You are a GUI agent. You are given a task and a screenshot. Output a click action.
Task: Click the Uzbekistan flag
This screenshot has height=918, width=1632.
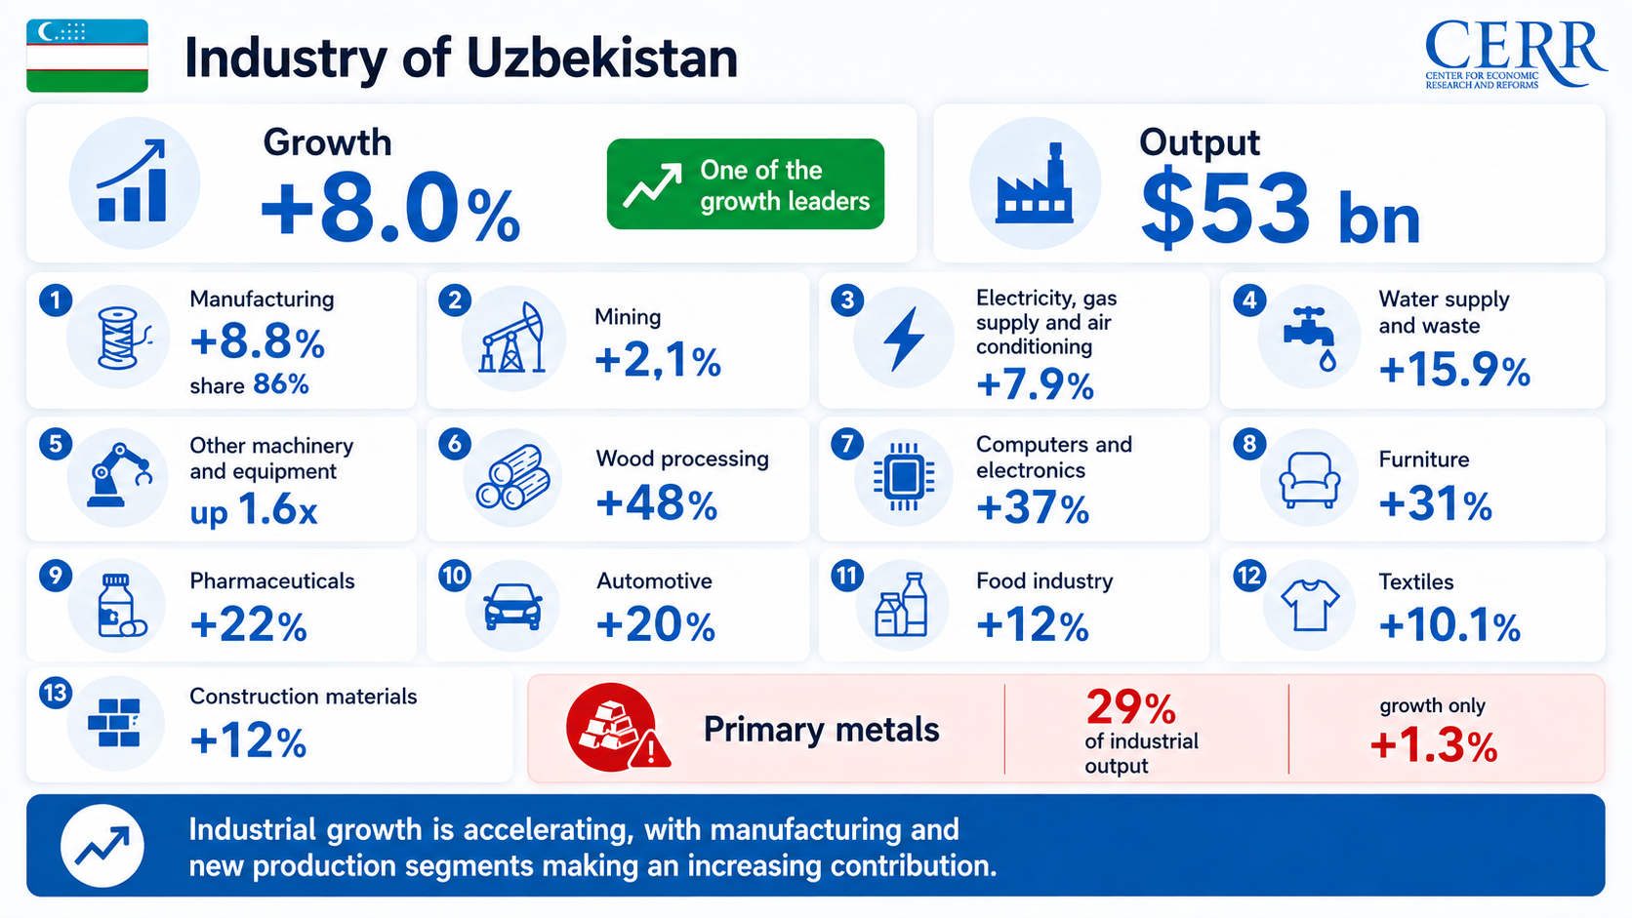tap(88, 56)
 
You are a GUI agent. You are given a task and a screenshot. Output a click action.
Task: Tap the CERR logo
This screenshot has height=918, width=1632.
tap(1516, 55)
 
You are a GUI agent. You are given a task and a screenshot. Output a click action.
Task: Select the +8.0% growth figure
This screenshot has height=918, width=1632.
tap(390, 208)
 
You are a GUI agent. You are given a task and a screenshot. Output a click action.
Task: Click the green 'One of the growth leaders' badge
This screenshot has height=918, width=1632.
tap(746, 184)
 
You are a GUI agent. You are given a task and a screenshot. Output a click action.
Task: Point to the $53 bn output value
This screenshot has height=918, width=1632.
tap(1280, 208)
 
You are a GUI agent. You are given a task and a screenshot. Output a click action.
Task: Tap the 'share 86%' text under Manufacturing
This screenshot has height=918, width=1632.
tap(249, 384)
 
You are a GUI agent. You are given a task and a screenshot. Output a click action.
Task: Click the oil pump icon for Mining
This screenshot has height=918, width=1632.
tap(513, 338)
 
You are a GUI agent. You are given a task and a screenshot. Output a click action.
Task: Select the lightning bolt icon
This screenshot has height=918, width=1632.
tap(904, 338)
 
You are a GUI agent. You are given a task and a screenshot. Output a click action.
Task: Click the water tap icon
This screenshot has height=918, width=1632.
tap(1310, 339)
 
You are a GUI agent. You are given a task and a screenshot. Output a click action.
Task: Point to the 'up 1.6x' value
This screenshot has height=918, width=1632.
tap(254, 509)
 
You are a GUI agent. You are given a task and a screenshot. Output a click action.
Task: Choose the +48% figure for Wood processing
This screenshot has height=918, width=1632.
tap(657, 503)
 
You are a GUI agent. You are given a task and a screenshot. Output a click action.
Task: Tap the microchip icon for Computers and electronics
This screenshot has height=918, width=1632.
tap(904, 478)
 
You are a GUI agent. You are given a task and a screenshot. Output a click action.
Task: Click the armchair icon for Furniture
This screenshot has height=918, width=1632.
tap(1309, 479)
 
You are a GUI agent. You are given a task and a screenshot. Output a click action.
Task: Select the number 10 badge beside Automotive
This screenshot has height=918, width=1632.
tap(454, 576)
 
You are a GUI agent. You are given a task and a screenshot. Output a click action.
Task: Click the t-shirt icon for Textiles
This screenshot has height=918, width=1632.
tap(1310, 604)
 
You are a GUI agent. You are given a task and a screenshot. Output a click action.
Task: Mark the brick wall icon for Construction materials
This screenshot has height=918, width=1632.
tap(114, 723)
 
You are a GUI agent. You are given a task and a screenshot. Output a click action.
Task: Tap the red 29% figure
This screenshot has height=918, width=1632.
tap(1130, 706)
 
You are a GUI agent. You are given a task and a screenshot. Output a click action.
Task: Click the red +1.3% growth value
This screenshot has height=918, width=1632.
tap(1433, 746)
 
